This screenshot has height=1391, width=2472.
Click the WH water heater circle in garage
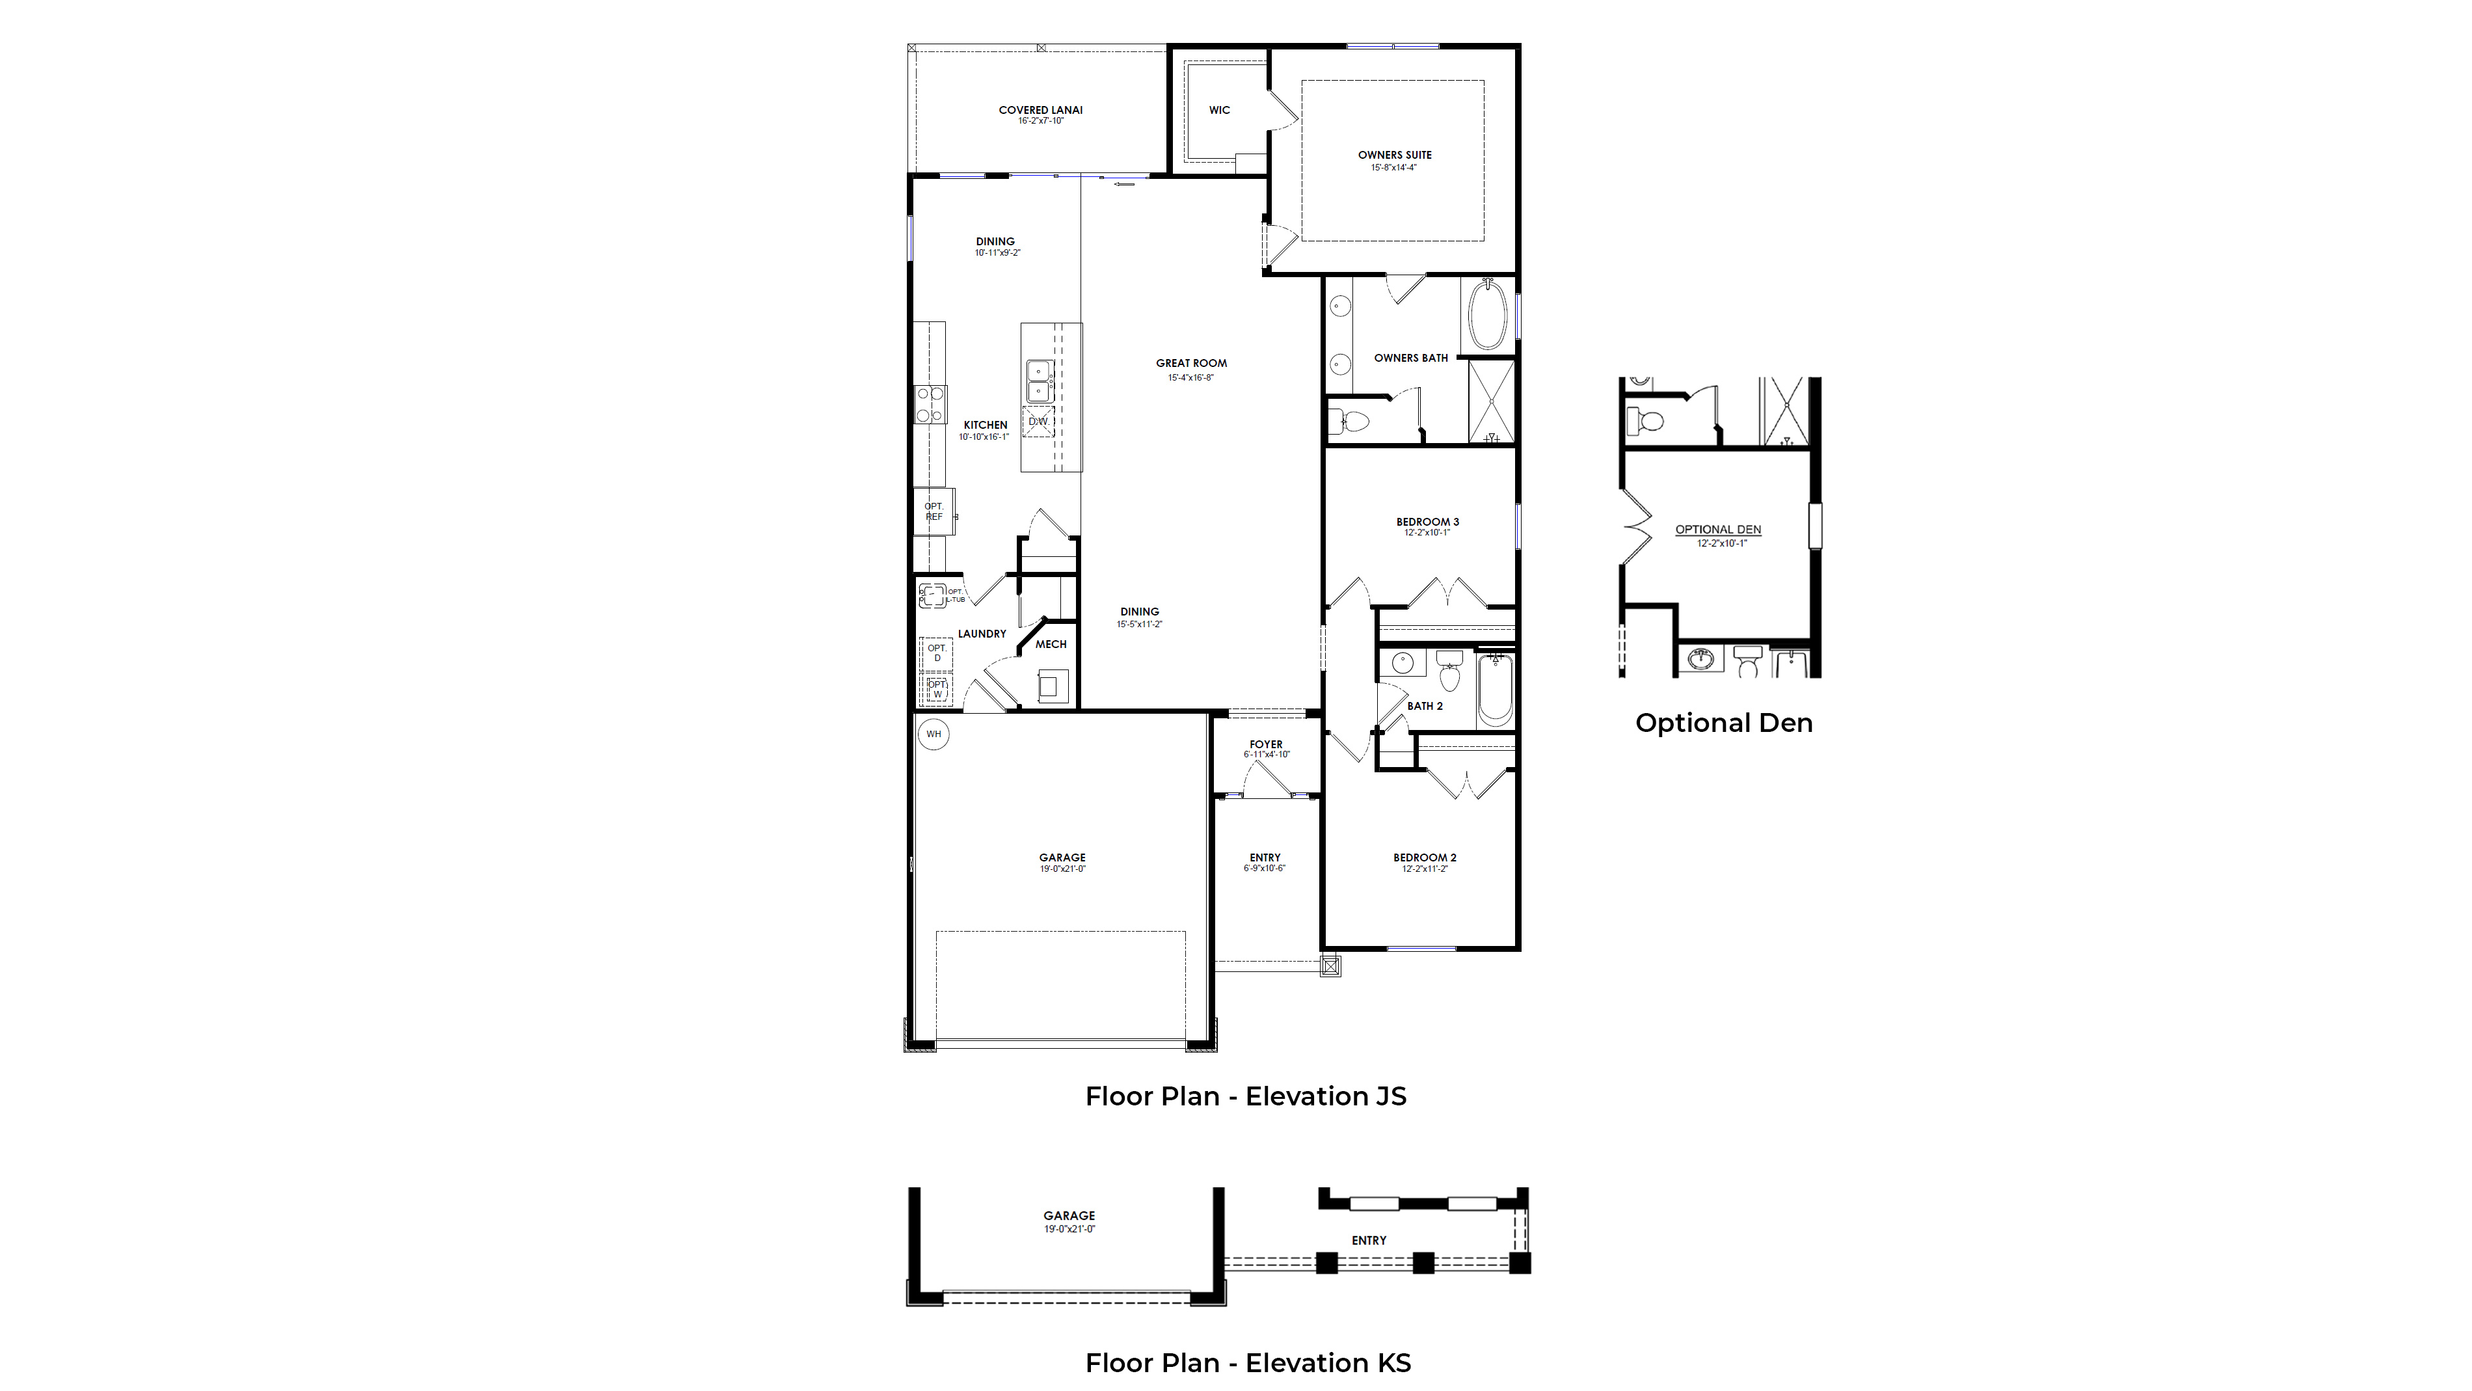click(934, 735)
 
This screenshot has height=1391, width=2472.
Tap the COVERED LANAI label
click(1040, 111)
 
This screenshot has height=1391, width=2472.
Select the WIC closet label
click(1218, 111)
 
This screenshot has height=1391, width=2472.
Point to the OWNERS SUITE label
click(1394, 155)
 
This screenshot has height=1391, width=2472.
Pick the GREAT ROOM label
click(1191, 363)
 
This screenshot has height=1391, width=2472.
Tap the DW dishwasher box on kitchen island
click(1038, 422)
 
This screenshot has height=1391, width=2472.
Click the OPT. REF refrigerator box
click(934, 511)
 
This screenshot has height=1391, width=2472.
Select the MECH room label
click(1051, 644)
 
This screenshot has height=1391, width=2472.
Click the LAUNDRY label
click(982, 634)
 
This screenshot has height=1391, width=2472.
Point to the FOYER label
click(1266, 744)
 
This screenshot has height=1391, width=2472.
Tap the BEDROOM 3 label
click(1427, 522)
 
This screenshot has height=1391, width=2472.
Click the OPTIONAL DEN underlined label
click(1718, 529)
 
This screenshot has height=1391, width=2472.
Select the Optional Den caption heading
click(1723, 723)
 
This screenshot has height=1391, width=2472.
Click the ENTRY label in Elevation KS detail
click(1369, 1240)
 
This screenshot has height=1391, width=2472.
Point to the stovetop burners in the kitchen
click(929, 404)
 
